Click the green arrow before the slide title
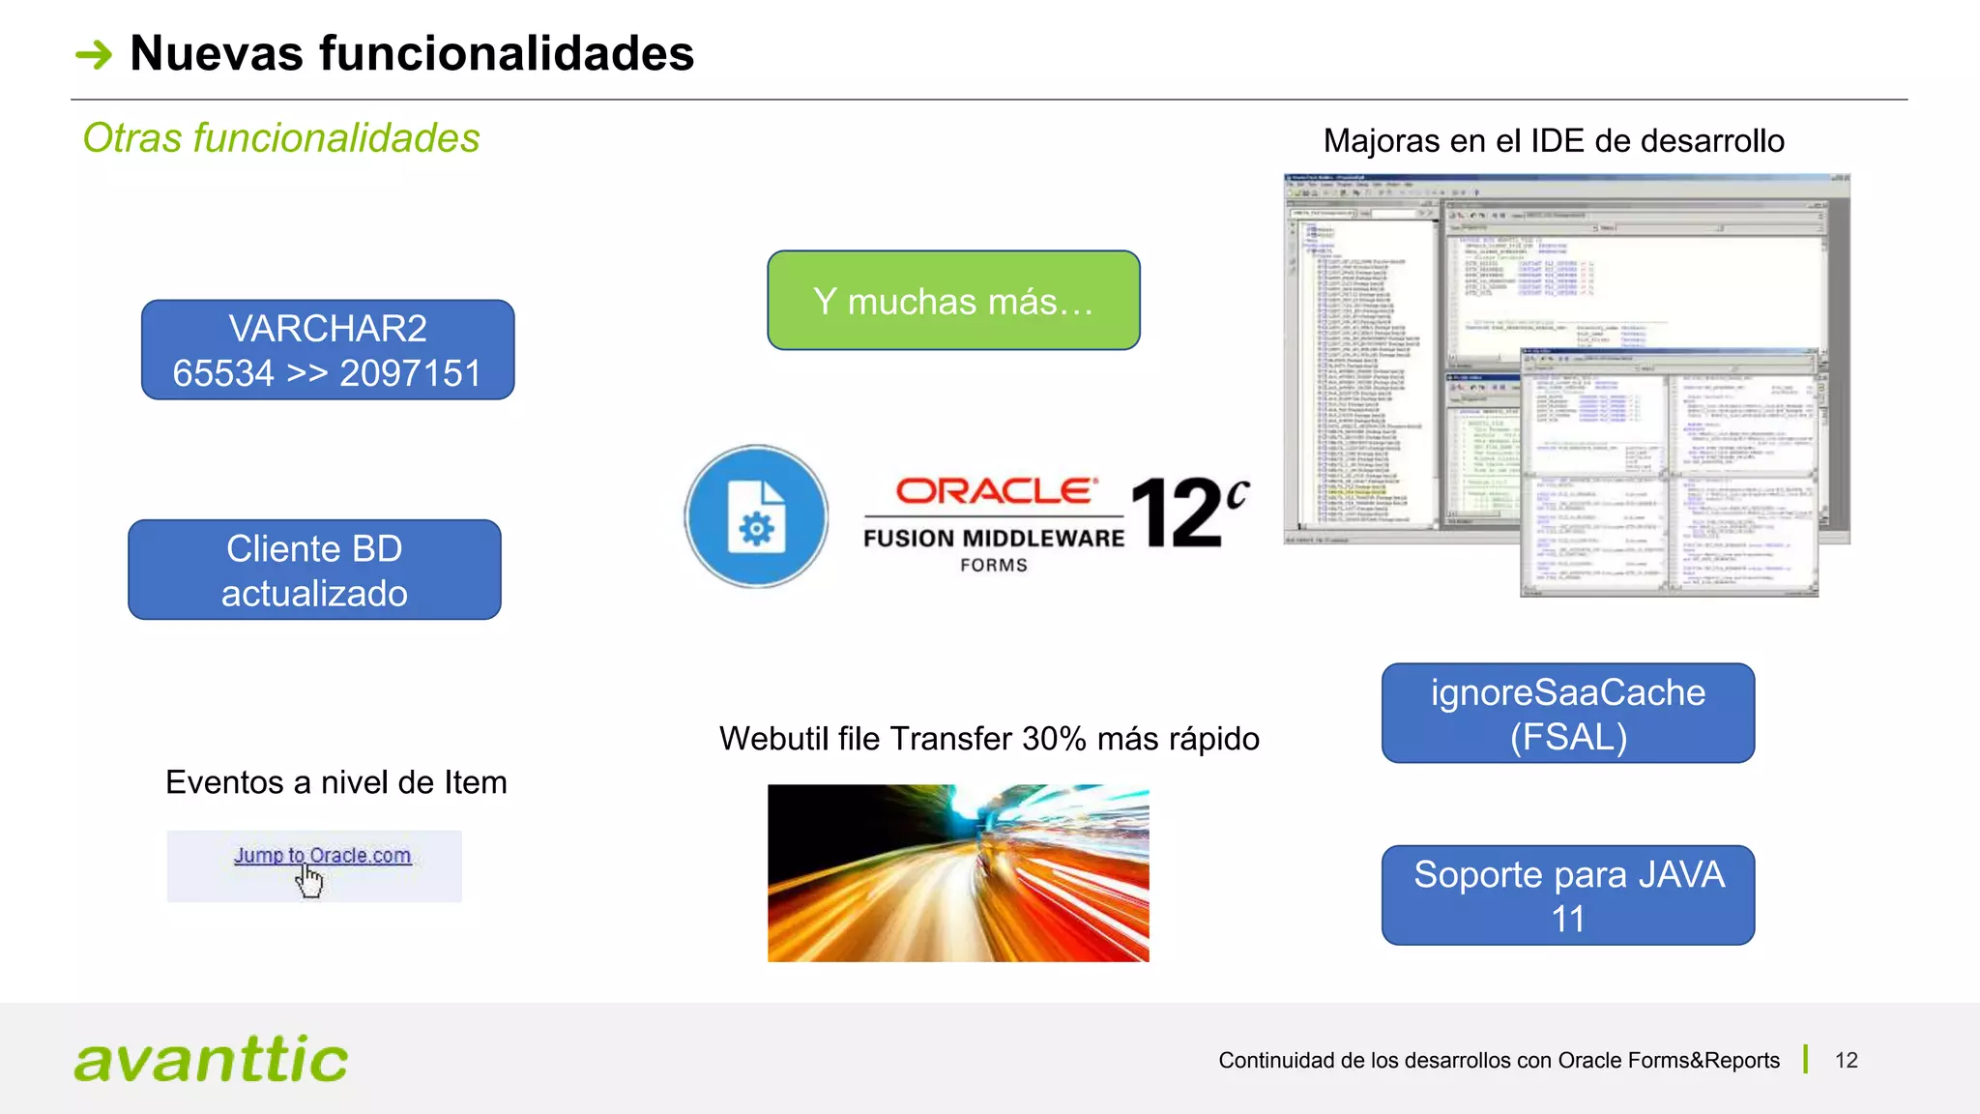click(94, 54)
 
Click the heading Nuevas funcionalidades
click(412, 53)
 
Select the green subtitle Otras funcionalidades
click(281, 138)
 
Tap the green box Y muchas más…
click(953, 301)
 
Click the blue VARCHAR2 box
click(328, 350)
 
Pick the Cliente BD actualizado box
click(314, 571)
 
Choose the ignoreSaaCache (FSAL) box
click(1567, 714)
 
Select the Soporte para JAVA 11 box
click(1567, 895)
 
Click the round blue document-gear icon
click(756, 516)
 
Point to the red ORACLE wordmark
click(996, 491)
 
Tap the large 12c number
click(1188, 512)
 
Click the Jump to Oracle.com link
click(322, 856)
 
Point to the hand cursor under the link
click(309, 881)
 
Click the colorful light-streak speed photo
click(958, 873)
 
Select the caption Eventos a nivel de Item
click(335, 782)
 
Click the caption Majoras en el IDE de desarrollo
click(1554, 141)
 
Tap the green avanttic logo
click(211, 1059)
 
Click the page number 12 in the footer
click(1846, 1061)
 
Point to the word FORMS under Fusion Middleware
click(994, 566)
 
